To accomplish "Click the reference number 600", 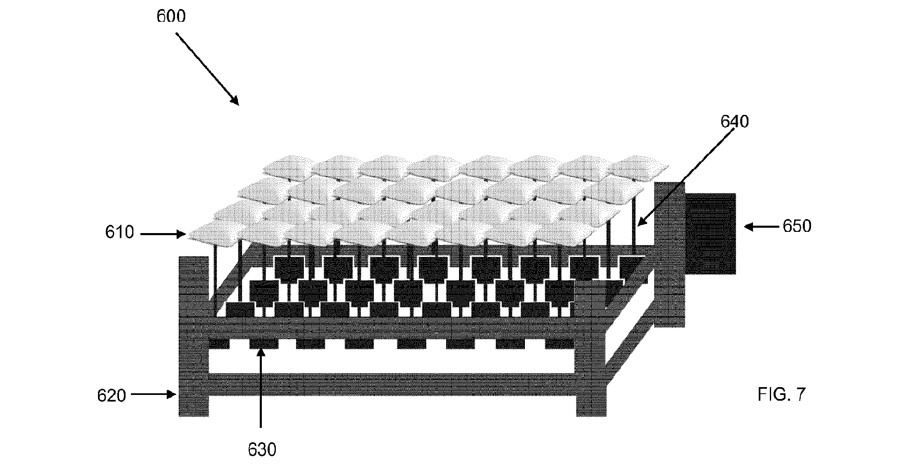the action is tap(171, 16).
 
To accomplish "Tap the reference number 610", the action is tap(119, 233).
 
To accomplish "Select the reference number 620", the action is tap(112, 395).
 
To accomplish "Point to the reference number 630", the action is tap(262, 450).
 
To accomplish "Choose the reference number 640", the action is tap(734, 121).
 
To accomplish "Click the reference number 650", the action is tap(797, 226).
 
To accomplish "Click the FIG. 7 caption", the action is tap(781, 395).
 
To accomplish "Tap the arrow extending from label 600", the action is tap(207, 69).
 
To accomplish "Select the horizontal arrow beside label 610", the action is tap(163, 234).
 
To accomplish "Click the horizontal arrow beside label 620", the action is tap(154, 395).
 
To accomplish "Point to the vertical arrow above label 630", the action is tap(261, 388).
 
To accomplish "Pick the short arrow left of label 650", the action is tap(762, 226).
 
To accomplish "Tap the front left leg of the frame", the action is tap(193, 336).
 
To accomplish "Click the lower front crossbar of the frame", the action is tap(392, 384).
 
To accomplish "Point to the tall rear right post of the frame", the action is tap(669, 255).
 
